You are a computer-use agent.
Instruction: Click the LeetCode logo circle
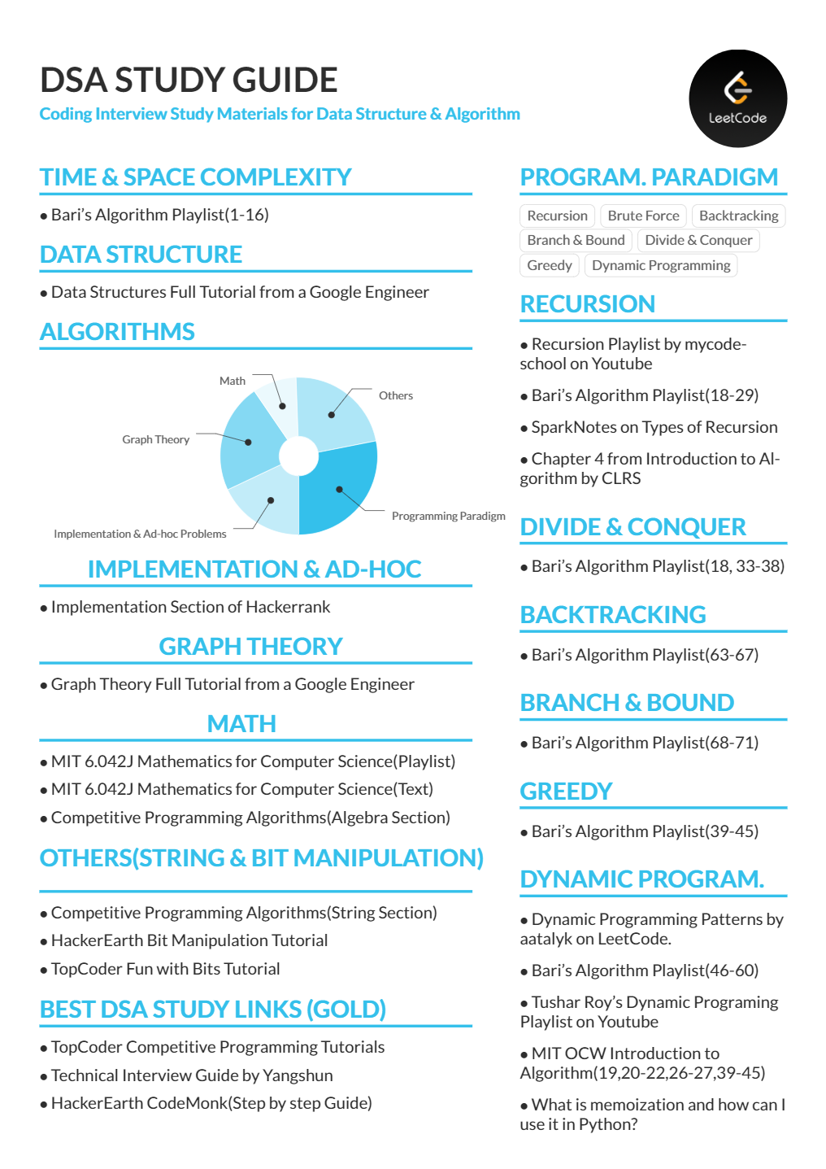tap(737, 98)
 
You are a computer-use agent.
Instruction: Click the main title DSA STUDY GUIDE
tap(189, 80)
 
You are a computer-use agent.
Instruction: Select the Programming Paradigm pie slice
tap(341, 488)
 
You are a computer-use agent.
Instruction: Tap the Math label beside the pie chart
tap(233, 381)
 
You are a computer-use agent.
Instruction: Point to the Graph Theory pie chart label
tap(155, 439)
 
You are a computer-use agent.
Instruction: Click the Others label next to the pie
tap(396, 395)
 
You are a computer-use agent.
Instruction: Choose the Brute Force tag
tap(643, 216)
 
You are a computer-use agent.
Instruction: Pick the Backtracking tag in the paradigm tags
tap(738, 216)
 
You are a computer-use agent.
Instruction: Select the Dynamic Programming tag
tap(661, 265)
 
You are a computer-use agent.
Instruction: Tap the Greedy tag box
tap(550, 265)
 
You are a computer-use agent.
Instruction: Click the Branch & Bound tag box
tap(576, 240)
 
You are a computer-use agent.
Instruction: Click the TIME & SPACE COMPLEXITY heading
tap(195, 177)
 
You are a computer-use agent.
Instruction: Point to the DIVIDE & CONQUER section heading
tap(633, 526)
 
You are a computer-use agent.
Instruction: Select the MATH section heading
tap(241, 723)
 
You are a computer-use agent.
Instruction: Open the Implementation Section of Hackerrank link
tap(190, 607)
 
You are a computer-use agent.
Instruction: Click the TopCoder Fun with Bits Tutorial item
tap(165, 969)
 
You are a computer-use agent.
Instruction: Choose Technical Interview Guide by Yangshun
tap(192, 1075)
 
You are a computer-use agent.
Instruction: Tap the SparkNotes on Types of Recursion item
tap(654, 427)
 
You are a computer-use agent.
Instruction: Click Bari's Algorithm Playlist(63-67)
tap(645, 655)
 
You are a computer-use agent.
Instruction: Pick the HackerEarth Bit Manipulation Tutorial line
tap(189, 940)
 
